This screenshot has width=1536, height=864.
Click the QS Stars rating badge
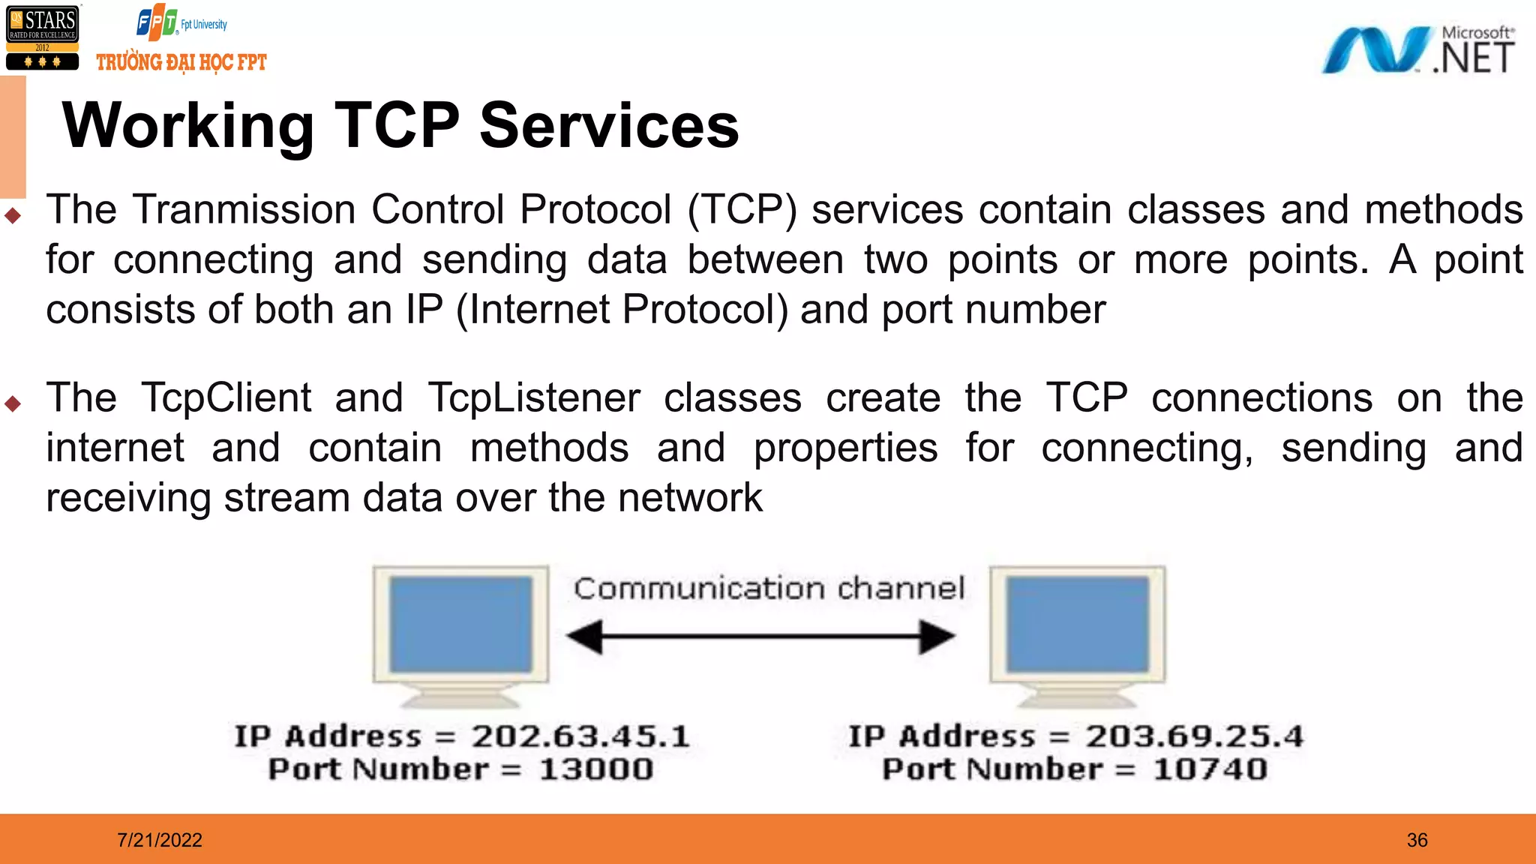[x=43, y=38]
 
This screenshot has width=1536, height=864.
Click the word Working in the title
[x=188, y=125]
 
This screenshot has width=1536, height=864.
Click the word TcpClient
[x=226, y=397]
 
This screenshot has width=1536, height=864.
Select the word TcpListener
[x=534, y=397]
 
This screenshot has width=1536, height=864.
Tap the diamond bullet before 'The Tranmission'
[x=13, y=216]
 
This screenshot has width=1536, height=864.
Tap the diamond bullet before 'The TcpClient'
[x=13, y=404]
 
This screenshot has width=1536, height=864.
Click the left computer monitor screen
[x=460, y=624]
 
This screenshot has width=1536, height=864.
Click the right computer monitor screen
[x=1077, y=624]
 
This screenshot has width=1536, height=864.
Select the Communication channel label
[x=769, y=589]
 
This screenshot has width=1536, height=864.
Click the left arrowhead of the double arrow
[x=586, y=637]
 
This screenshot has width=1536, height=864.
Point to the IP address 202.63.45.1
[x=580, y=736]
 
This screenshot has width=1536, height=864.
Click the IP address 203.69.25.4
[x=1194, y=736]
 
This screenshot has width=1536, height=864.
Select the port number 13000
[x=596, y=769]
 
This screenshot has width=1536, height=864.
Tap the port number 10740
[x=1210, y=769]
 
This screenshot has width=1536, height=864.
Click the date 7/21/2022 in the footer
[x=160, y=840]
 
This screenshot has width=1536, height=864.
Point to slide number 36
[x=1417, y=840]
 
